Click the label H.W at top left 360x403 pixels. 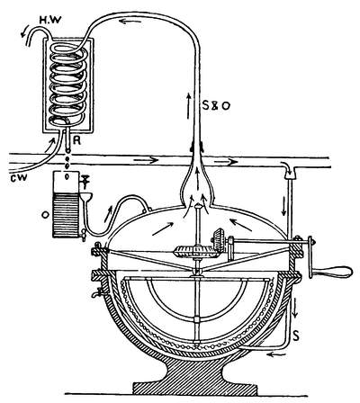tap(50, 20)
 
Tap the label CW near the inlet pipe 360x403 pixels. tap(18, 177)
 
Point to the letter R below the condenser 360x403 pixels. tap(77, 140)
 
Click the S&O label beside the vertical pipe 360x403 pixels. tap(215, 105)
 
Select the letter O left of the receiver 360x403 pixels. tap(46, 215)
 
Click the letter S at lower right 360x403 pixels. tap(296, 336)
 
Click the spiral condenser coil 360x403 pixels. tap(68, 84)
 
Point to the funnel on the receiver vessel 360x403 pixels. tap(85, 197)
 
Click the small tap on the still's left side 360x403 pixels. tap(97, 291)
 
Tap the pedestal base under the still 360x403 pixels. tap(195, 379)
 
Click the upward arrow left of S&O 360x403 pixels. tap(188, 106)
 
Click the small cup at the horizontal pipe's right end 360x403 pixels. tap(289, 173)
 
